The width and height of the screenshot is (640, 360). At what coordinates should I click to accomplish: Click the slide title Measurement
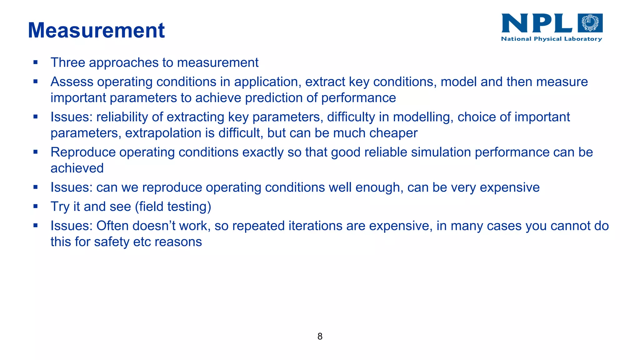pos(96,31)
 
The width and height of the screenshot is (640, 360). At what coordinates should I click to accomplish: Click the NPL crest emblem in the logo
pos(590,23)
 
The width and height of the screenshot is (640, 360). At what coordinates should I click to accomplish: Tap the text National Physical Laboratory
pos(551,39)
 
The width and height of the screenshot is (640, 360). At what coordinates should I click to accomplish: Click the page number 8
pos(320,336)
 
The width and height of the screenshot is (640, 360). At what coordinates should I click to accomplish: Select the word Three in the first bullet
pos(68,62)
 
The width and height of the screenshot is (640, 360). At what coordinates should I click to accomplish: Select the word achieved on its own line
pos(77,168)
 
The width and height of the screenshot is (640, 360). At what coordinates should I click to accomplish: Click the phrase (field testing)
pos(173,207)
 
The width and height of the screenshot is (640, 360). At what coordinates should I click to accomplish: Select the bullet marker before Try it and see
pos(35,207)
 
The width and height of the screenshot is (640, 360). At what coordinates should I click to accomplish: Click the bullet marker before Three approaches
pos(35,62)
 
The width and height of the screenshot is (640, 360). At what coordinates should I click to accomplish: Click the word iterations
pos(315,226)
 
